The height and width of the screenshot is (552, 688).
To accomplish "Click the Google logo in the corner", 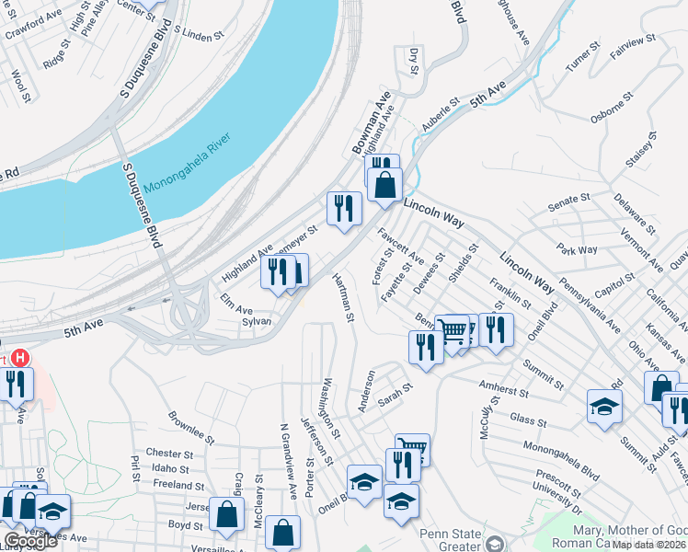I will point(30,541).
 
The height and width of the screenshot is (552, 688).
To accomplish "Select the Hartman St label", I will point(343,298).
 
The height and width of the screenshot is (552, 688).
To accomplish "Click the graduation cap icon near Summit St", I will point(604,407).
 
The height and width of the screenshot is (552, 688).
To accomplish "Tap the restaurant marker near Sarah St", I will point(425,348).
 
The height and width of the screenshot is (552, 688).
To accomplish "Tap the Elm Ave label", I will point(235,310).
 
